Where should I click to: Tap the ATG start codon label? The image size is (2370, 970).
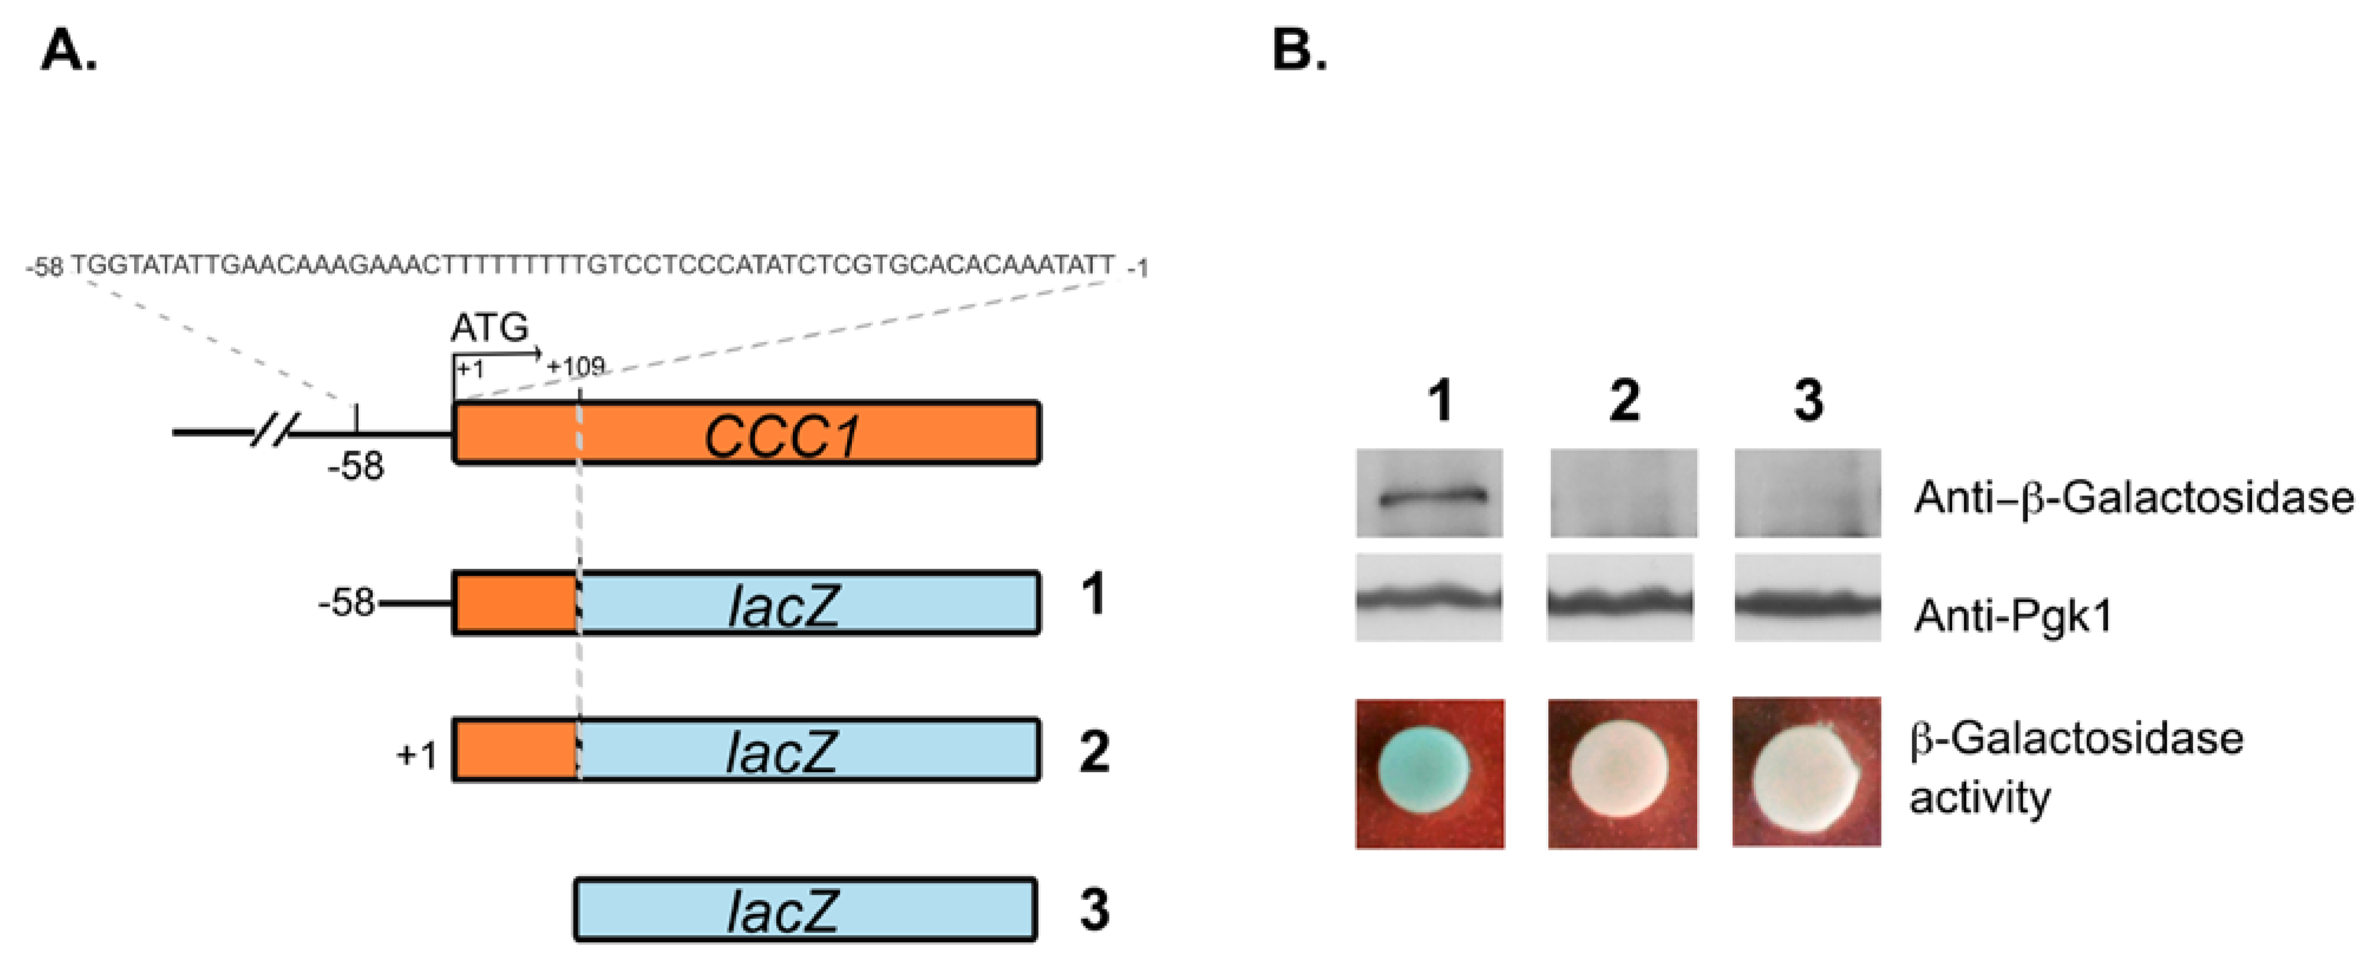[490, 327]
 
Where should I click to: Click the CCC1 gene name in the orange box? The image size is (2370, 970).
[782, 435]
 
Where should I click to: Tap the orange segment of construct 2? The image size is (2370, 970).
[515, 750]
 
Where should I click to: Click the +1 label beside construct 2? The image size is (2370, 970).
[417, 755]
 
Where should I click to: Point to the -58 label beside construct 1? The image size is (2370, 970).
[346, 604]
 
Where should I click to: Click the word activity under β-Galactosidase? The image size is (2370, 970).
[1980, 797]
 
